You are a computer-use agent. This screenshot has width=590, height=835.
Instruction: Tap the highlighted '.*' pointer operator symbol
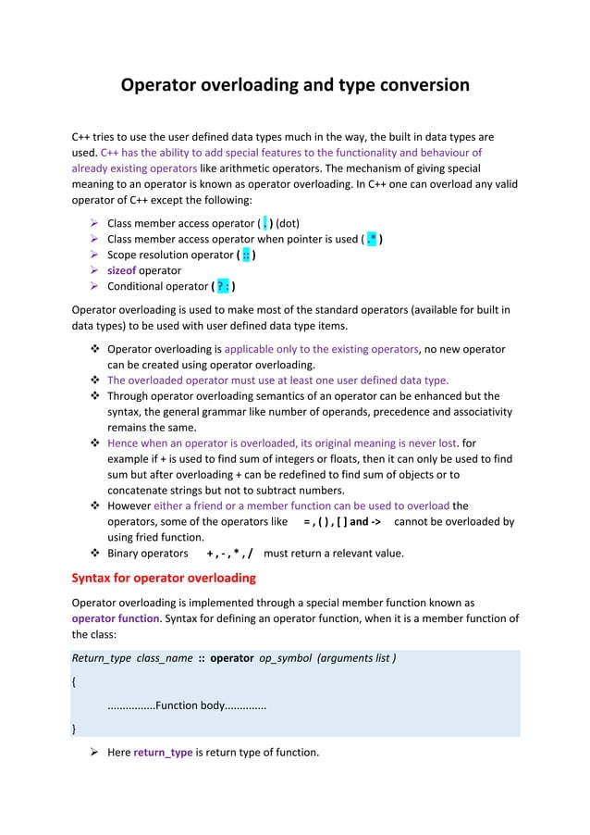click(x=372, y=239)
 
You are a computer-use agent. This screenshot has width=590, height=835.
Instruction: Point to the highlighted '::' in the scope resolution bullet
click(x=246, y=255)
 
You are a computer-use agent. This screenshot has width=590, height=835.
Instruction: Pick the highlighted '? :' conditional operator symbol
click(x=223, y=286)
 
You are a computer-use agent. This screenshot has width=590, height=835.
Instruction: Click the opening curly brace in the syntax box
click(x=74, y=682)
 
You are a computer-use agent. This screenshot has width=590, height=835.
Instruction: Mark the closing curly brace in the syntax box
click(x=74, y=729)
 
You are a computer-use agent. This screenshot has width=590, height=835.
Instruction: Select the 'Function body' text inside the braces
click(x=190, y=705)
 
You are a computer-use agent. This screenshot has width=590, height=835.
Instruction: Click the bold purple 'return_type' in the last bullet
click(x=163, y=752)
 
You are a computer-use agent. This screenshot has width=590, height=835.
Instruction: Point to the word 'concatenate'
click(x=144, y=490)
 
